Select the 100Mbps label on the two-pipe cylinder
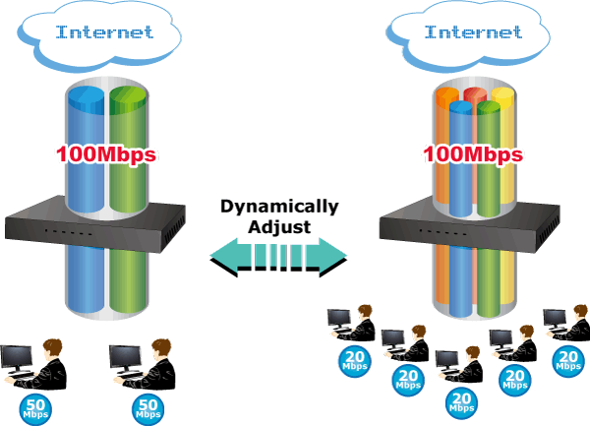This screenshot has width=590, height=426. pyautogui.click(x=107, y=154)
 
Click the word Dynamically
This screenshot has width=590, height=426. pyautogui.click(x=279, y=207)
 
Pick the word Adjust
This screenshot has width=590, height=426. pyautogui.click(x=279, y=226)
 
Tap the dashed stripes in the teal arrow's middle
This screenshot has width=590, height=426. pyautogui.click(x=280, y=258)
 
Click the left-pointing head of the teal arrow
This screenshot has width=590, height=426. pyautogui.click(x=224, y=258)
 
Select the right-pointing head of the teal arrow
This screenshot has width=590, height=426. pyautogui.click(x=337, y=258)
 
